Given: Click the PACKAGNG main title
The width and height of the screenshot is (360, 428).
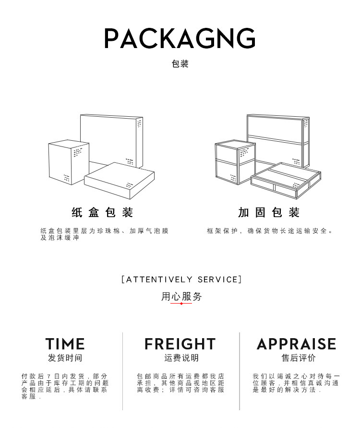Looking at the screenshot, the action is point(180,38).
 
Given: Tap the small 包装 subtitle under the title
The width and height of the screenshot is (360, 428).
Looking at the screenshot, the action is point(180,64).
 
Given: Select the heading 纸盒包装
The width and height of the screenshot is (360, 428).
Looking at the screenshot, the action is point(102,212).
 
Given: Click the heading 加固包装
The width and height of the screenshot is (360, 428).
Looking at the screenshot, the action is point(269,212).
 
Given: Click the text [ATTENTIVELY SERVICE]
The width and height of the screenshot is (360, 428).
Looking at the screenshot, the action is point(181,279).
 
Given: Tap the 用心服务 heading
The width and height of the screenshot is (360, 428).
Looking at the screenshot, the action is point(181,296).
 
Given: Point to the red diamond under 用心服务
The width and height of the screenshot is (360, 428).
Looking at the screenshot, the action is point(181,304).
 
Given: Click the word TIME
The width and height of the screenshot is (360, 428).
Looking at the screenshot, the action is point(65,344).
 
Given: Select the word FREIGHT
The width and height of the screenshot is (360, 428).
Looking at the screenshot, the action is point(180,344).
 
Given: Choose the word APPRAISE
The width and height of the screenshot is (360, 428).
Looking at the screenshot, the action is point(296,344).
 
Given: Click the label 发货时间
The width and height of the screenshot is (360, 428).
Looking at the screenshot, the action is point(65,358).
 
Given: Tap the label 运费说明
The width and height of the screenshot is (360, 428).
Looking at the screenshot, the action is point(181,358).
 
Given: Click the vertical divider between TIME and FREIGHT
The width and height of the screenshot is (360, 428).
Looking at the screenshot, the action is point(123,370).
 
